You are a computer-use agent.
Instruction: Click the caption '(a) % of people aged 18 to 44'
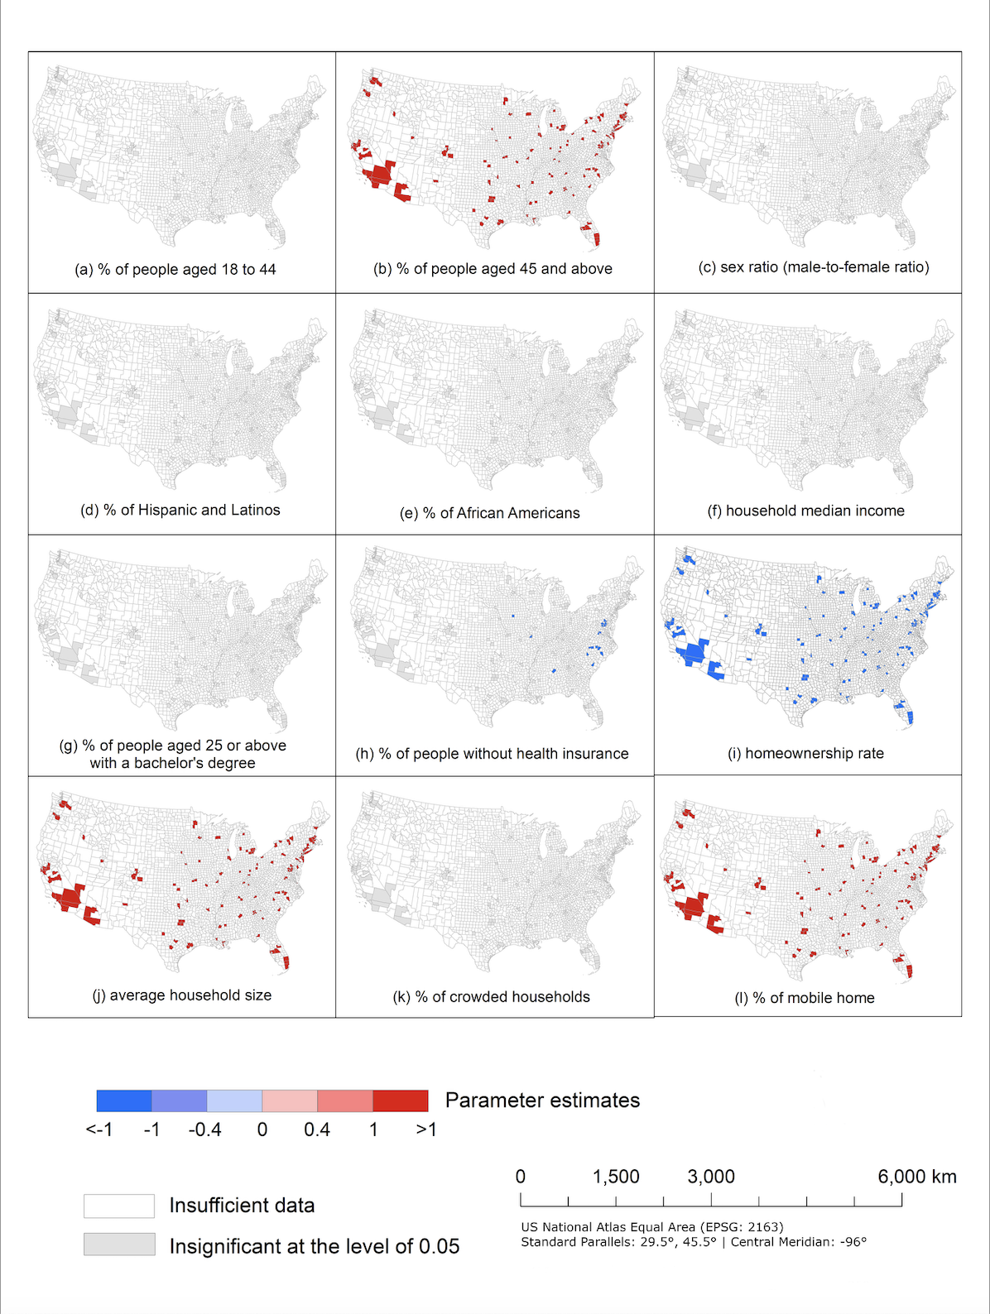[x=175, y=269]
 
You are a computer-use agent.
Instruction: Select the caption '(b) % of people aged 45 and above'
[x=493, y=268]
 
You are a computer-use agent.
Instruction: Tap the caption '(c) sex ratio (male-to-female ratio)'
[x=814, y=266]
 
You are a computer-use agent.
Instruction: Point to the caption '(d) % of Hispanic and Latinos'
[x=180, y=510]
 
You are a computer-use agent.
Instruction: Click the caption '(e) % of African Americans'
[x=489, y=513]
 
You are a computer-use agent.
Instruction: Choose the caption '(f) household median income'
[x=805, y=511]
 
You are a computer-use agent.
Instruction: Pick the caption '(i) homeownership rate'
[x=805, y=753]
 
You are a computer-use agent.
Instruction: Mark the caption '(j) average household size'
[x=181, y=995]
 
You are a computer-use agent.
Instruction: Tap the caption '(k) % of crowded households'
[x=491, y=996]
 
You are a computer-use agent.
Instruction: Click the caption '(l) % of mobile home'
[x=805, y=998]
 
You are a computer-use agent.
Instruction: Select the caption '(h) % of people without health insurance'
[x=492, y=753]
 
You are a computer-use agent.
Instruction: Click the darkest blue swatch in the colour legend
[x=124, y=1101]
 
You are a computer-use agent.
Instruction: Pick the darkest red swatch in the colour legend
[x=401, y=1101]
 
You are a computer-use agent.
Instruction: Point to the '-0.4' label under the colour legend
[x=204, y=1129]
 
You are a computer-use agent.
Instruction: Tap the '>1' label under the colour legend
[x=426, y=1129]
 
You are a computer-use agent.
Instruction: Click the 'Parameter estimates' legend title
[x=542, y=1100]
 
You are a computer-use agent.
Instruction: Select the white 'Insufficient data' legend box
[x=119, y=1206]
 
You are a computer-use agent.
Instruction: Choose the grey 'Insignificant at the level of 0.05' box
[x=119, y=1244]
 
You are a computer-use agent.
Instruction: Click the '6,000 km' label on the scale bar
[x=917, y=1177]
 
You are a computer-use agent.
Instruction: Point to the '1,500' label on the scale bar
[x=616, y=1177]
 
